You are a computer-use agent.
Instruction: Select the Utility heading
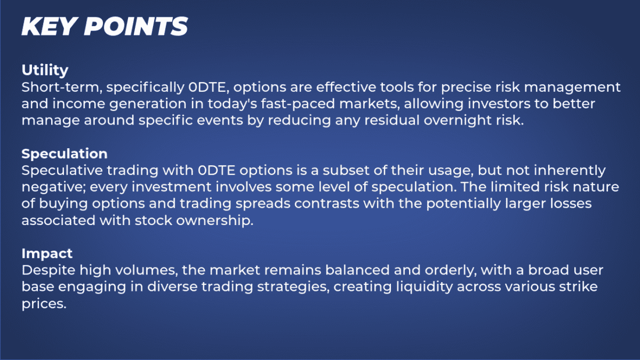point(45,70)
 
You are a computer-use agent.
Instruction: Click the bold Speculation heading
point(65,154)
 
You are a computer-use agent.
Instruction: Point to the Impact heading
point(47,254)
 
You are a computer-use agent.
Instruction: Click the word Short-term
point(54,88)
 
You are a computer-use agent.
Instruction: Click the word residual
point(418,120)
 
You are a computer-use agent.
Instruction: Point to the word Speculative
point(61,171)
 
